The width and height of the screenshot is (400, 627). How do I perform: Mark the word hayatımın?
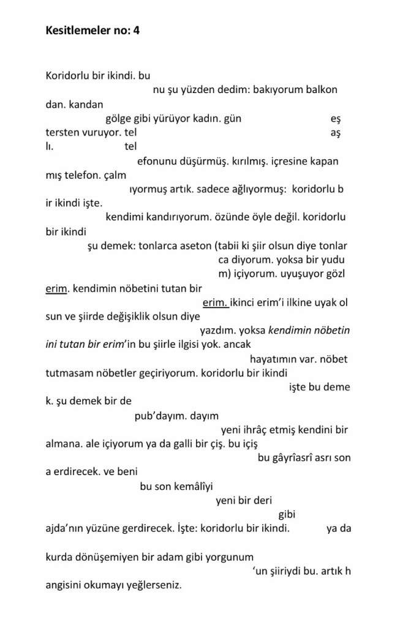(274, 359)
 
